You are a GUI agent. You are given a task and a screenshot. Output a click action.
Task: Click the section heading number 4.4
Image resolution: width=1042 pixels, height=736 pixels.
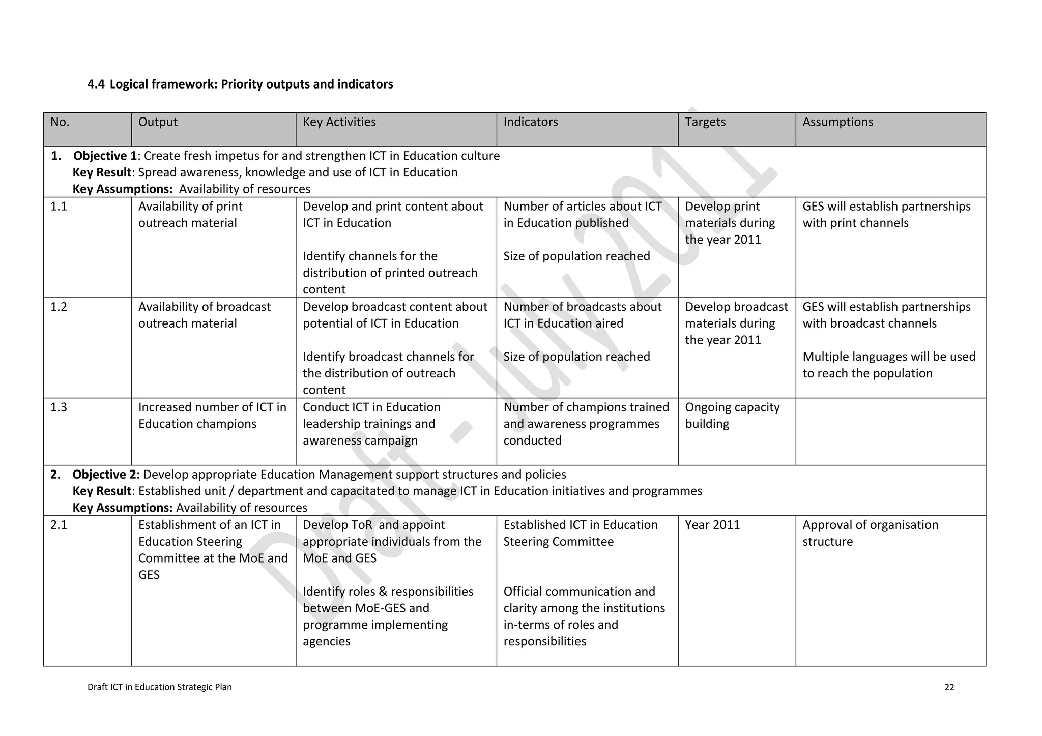pos(96,84)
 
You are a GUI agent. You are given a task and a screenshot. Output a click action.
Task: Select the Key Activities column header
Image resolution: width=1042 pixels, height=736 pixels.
pos(339,122)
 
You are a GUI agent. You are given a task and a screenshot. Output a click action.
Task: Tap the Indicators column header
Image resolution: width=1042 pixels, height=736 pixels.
pos(530,122)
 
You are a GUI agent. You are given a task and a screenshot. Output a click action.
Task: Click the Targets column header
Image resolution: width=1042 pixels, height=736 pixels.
pos(705,122)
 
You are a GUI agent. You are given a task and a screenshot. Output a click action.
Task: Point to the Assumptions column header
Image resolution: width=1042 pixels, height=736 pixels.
pos(837,122)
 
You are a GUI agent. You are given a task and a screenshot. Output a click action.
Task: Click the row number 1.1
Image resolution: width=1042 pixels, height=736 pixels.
pos(59,207)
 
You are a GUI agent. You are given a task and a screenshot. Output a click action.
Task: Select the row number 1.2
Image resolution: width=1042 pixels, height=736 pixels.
pos(59,307)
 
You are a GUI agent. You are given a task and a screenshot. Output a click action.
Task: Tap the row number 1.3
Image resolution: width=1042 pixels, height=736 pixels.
pos(59,407)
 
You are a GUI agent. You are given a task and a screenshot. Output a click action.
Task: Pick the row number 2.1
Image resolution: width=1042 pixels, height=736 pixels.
pos(59,525)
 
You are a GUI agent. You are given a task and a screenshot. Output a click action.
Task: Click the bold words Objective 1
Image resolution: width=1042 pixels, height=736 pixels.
pos(105,156)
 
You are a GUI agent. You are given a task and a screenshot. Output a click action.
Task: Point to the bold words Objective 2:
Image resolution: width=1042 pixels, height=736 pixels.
pos(106,475)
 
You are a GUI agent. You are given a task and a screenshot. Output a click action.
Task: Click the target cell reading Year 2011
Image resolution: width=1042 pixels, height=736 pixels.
pos(712,525)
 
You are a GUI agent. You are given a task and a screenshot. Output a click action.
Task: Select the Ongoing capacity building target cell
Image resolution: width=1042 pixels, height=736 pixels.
pos(732,416)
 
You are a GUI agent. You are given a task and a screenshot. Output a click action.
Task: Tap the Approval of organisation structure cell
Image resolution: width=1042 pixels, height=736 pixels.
pos(870,533)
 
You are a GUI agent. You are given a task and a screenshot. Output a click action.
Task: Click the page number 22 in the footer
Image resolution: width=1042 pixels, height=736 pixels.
pos(949,687)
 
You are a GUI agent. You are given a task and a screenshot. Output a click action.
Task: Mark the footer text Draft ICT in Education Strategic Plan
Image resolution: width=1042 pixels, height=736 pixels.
pos(159,687)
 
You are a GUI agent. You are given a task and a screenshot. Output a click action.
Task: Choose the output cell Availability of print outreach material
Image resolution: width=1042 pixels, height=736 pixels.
pos(190,215)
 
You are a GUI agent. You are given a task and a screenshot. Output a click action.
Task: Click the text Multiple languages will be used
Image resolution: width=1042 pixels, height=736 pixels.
pos(888,357)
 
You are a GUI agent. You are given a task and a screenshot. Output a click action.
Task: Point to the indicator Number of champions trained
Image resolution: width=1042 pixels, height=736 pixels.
pos(586,407)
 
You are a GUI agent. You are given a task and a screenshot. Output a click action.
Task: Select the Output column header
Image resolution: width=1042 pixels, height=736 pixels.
pos(158,122)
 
